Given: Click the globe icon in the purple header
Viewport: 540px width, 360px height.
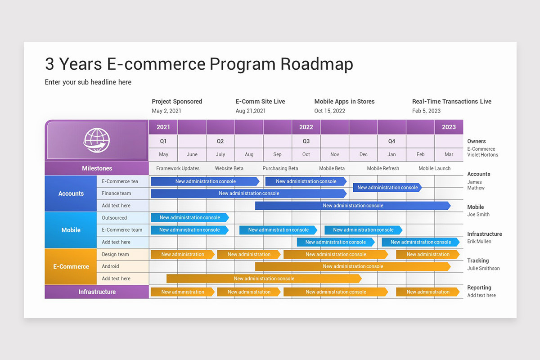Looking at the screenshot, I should pos(96,140).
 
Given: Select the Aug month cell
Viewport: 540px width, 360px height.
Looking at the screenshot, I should pos(249,154).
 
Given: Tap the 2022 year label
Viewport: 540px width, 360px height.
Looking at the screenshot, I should pos(306,127).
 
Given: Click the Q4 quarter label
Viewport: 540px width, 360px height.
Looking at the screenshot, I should pos(391,141).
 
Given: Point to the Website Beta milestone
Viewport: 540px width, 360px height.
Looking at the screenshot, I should pos(229,168).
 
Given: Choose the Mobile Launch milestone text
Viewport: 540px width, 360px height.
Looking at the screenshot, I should pos(434,168).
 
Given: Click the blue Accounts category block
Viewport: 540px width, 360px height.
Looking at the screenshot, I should pos(71,193).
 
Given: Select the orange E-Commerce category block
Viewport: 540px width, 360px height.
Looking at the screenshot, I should pos(71,266).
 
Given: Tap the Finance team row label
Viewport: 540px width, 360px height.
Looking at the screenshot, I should pos(116,193).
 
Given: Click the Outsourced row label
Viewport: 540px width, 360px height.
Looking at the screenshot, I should pos(114,218).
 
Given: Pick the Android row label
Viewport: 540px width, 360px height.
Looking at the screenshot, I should pos(110,266).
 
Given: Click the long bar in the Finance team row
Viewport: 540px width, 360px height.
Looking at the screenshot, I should pos(248,193).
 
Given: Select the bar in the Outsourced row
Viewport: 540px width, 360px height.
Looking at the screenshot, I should pos(189,218).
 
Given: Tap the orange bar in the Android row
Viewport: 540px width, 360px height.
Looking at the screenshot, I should pos(352,266).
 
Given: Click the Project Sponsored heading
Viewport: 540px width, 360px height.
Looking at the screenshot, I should pos(177,102).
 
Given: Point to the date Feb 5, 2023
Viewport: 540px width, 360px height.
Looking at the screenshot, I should pos(426,111).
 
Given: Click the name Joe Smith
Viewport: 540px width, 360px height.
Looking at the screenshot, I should pos(478,215).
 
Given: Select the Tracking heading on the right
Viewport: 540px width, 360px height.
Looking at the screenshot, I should pos(477,261).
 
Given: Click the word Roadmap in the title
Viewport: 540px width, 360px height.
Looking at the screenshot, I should pos(317,64).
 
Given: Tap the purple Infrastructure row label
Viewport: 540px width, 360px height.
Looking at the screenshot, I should pos(97,292).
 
